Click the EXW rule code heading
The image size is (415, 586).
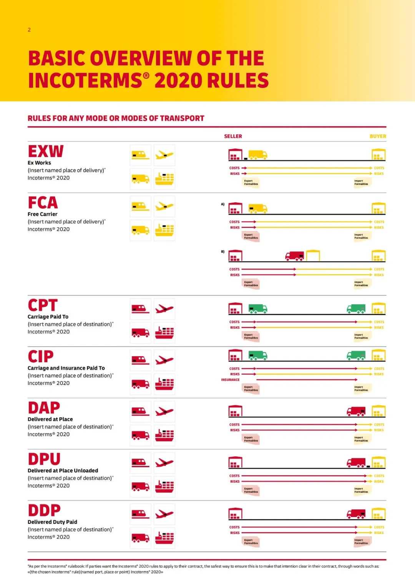coord(45,151)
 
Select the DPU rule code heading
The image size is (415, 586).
coord(44,459)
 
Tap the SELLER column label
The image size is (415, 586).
coord(233,136)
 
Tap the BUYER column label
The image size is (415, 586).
coord(378,136)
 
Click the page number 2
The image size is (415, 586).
coord(29,30)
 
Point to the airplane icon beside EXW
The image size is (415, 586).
coord(164,155)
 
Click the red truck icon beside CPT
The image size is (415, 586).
coord(140,332)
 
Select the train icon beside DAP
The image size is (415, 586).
coord(140,411)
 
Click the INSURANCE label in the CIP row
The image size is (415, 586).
coord(230,380)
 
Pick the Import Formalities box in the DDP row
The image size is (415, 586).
coord(361,541)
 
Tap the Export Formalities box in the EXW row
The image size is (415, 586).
coord(251,182)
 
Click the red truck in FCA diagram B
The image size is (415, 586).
coord(295,256)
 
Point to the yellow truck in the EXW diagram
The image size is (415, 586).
coord(257,155)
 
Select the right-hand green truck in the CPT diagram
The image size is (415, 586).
coord(356,309)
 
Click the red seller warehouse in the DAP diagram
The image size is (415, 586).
coord(235,411)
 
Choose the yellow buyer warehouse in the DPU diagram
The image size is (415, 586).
coord(378,462)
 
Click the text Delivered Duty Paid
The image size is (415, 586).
coord(52,522)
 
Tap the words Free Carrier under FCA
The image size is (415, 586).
coord(42,214)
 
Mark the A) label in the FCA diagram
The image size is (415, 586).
coord(222,204)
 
